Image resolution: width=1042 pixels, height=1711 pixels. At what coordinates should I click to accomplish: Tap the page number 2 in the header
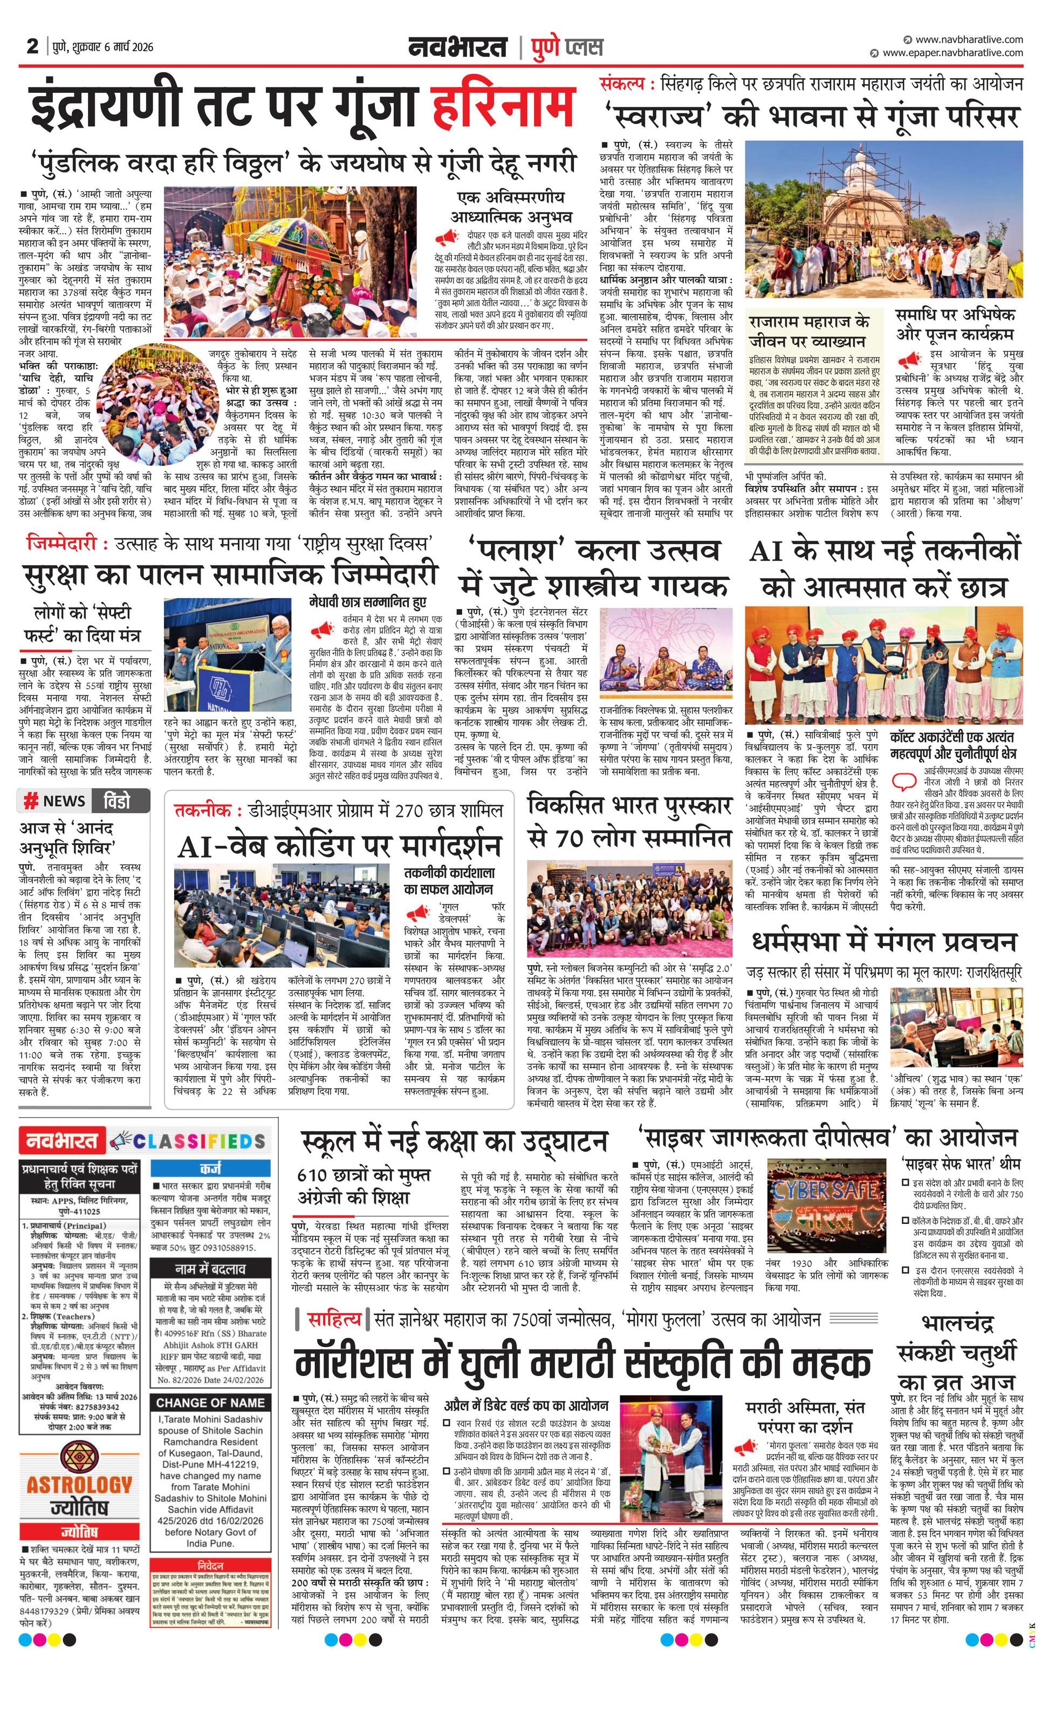(32, 46)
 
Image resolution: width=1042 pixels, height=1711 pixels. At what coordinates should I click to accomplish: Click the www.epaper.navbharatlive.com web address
(952, 53)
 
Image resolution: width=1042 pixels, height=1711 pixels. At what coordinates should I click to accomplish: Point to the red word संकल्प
(627, 85)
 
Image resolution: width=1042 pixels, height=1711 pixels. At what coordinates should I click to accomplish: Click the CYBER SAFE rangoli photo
(826, 1206)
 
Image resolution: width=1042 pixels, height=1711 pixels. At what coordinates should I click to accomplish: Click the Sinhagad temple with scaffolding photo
(883, 219)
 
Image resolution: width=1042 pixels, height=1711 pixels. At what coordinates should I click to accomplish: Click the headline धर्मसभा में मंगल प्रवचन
(884, 942)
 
